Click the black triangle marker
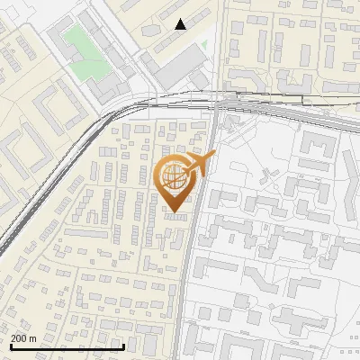point(181,24)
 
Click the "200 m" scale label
point(24,338)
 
